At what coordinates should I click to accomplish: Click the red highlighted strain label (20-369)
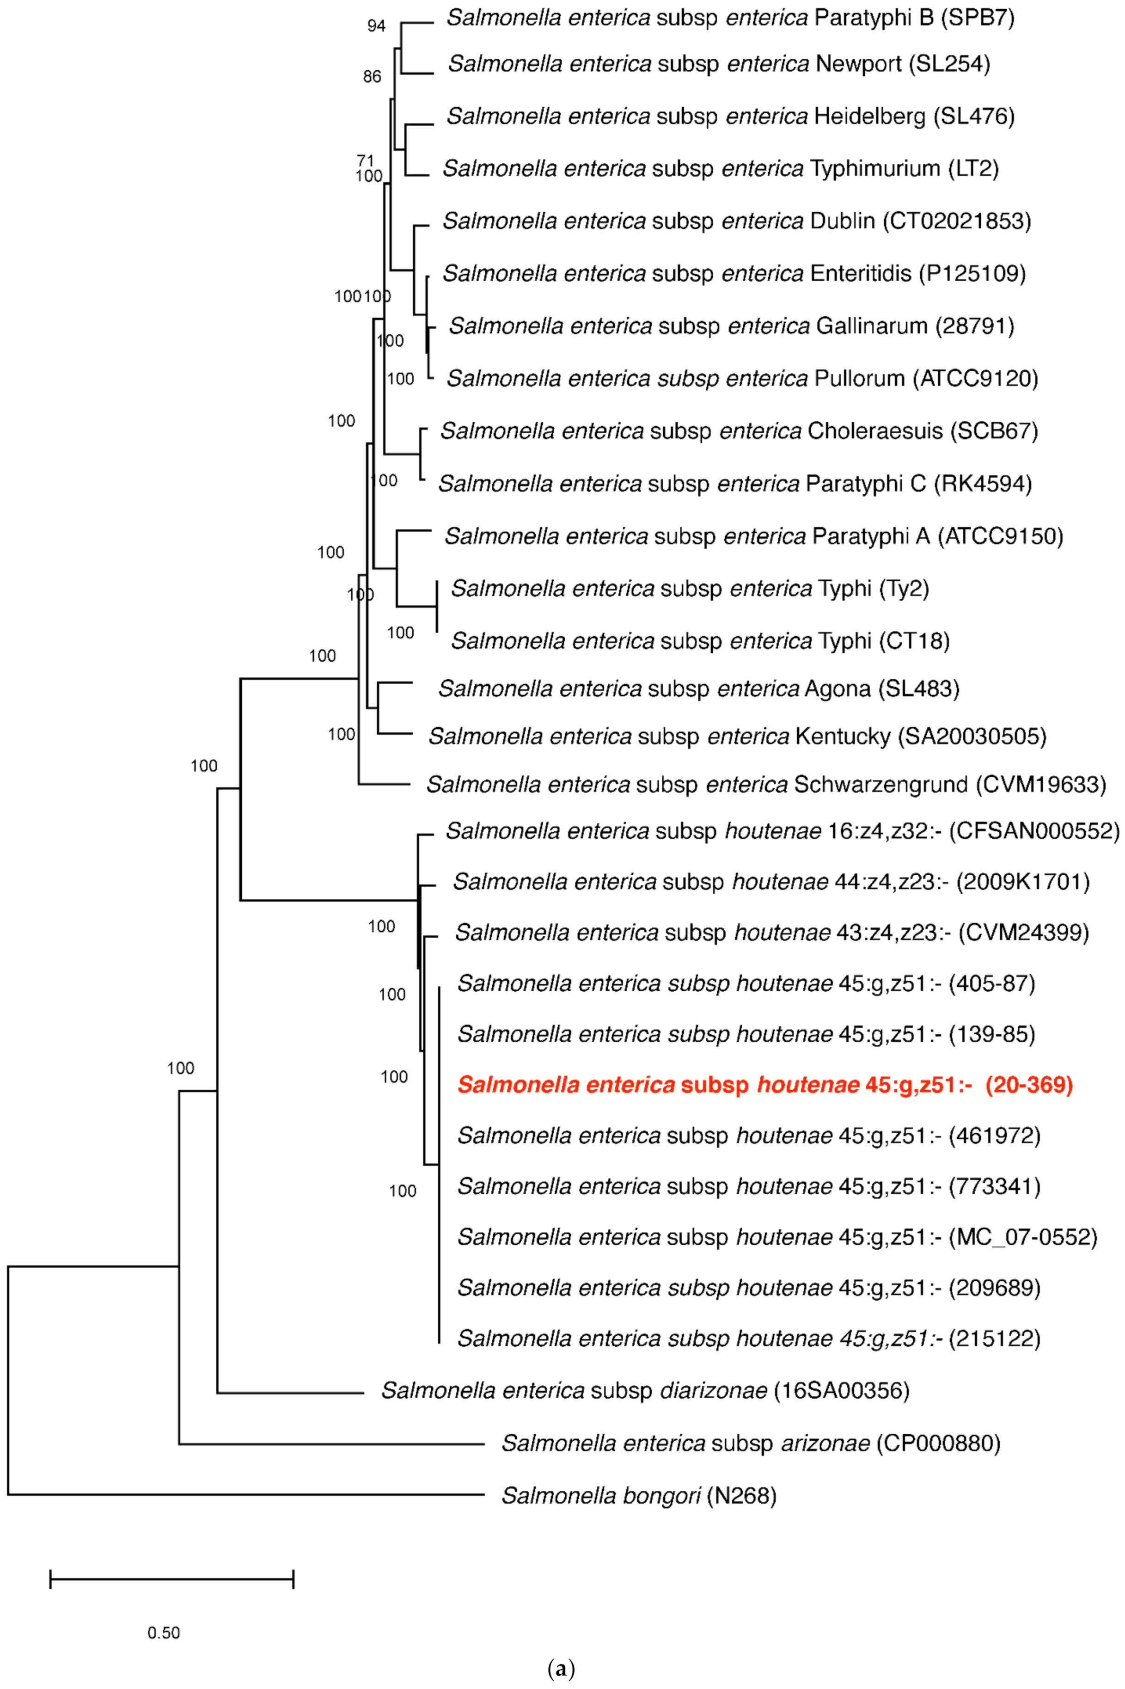click(765, 1084)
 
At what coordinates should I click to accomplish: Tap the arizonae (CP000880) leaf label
click(751, 1443)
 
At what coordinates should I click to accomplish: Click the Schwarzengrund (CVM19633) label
click(765, 784)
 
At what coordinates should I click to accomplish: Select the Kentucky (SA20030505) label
click(737, 736)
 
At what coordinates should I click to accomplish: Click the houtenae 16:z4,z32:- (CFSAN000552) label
click(782, 831)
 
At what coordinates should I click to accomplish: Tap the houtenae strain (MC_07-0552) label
click(777, 1237)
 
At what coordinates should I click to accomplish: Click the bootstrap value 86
click(372, 77)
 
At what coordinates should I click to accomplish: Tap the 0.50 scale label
click(164, 1633)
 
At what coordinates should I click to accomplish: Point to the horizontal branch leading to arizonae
click(330, 1443)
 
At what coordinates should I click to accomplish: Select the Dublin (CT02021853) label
click(736, 221)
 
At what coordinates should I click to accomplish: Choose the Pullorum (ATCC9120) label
click(742, 378)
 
